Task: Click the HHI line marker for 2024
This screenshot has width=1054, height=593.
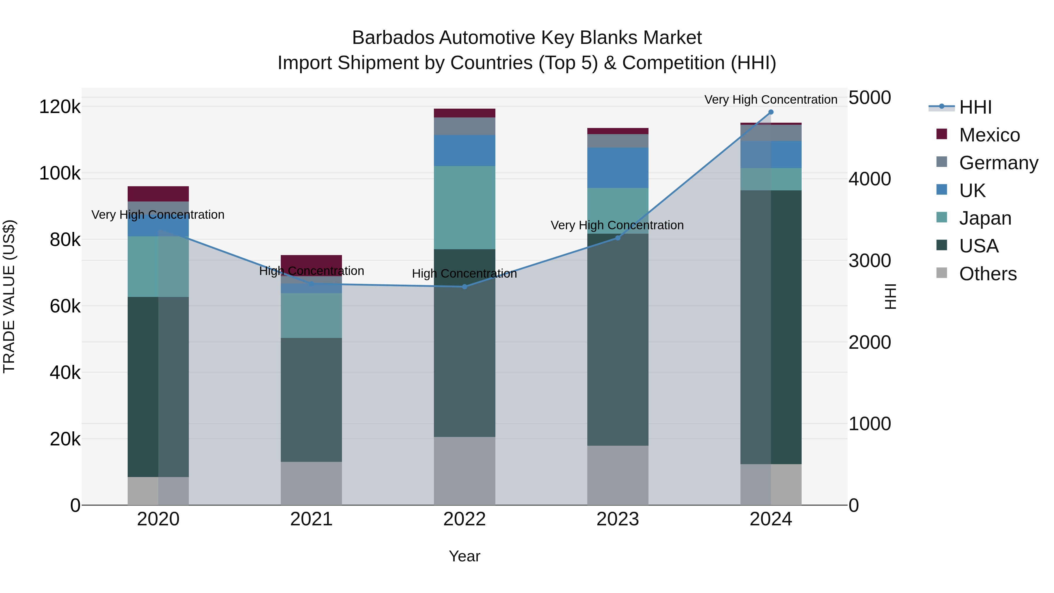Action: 771,112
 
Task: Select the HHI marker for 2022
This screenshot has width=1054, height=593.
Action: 464,287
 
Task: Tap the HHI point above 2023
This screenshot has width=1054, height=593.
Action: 618,238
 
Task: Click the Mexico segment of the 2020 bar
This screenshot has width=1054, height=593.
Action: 158,194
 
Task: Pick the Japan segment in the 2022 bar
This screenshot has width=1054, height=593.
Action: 464,208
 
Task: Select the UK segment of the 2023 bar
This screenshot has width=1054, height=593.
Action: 618,168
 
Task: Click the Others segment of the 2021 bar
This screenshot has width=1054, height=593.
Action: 312,483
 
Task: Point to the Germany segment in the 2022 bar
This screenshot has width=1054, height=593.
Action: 464,126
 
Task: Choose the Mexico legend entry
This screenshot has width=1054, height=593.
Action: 989,135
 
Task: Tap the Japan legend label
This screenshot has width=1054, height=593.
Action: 985,218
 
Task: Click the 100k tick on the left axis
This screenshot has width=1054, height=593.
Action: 60,174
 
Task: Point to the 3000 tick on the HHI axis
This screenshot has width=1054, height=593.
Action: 870,261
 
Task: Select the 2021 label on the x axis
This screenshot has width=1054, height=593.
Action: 312,519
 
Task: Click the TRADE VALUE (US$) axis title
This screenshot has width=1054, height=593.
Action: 9,296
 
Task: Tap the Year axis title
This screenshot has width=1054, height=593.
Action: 464,556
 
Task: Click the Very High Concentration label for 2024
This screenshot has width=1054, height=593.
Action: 771,100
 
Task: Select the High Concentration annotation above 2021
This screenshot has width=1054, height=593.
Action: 312,271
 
